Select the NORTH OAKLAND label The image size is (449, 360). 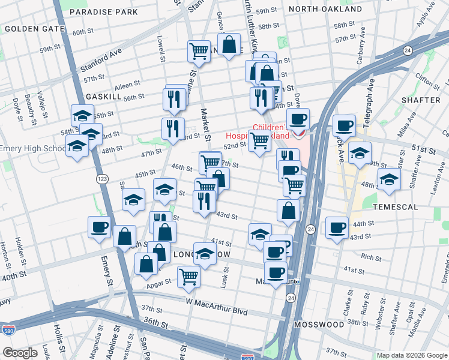click(x=325, y=9)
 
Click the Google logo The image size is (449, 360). click(x=20, y=352)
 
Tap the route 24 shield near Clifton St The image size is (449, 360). click(x=408, y=50)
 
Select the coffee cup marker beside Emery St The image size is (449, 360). click(x=99, y=227)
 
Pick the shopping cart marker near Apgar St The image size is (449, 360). click(x=188, y=277)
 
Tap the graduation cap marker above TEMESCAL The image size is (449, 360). click(x=389, y=179)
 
